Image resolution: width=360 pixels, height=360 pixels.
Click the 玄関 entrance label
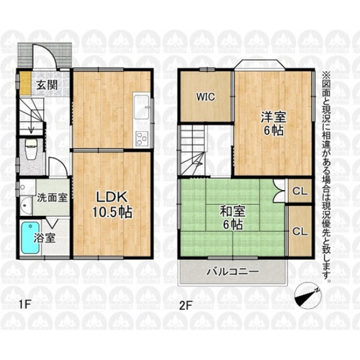click(x=48, y=84)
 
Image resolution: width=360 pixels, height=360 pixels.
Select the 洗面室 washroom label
click(x=53, y=196)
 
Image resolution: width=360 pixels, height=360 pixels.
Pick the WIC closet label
click(x=204, y=96)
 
